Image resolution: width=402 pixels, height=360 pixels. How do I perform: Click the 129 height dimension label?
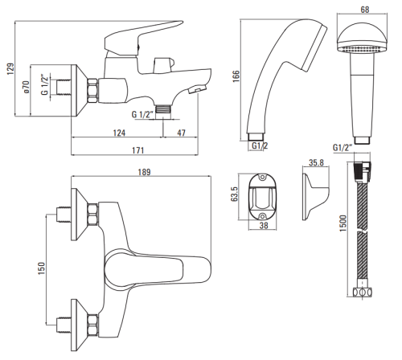10,69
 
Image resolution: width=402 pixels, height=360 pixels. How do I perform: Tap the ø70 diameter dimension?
27,87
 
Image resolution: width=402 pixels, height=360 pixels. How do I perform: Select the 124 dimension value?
119,133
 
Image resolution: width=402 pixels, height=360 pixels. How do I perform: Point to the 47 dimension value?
181,133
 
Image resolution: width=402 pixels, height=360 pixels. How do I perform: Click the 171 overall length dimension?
137,150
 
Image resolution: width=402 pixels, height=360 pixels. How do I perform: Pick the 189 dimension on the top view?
144,172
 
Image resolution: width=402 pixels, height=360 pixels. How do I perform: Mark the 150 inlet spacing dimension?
42,268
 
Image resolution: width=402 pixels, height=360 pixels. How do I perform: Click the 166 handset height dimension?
236,76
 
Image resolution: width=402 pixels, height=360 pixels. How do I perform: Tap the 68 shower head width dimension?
365,10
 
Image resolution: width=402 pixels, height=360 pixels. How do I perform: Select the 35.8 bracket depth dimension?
316,162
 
